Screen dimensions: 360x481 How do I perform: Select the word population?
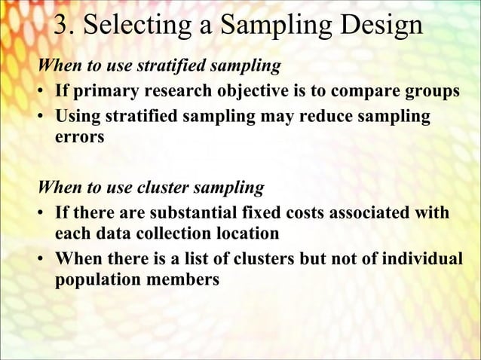coord(95,281)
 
